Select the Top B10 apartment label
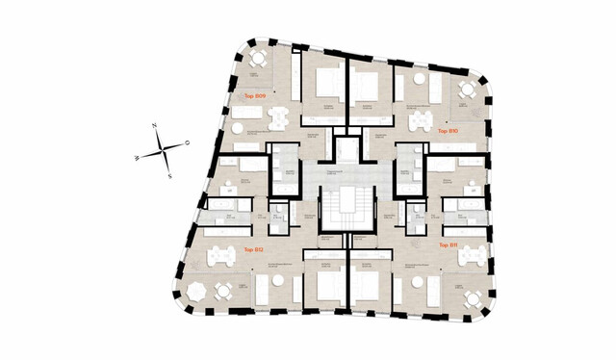pos(447,131)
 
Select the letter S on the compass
pos(170,176)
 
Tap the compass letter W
pos(138,157)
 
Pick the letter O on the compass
pos(187,142)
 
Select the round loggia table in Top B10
pos(467,90)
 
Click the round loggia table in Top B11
pos(473,298)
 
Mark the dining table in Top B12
pos(222,256)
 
